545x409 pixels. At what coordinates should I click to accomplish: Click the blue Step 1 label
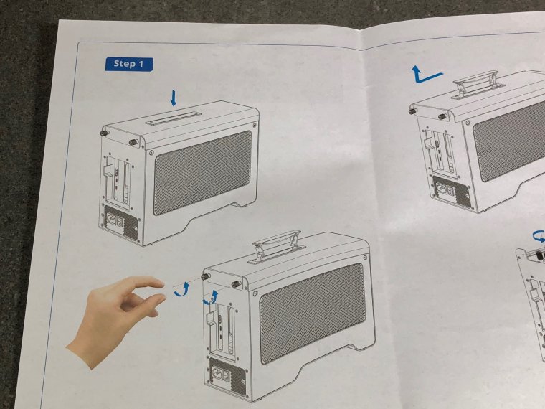129,64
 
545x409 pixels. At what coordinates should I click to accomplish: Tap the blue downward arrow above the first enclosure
174,98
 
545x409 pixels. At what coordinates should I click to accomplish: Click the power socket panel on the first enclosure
120,225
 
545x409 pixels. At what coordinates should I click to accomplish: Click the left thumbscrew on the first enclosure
104,133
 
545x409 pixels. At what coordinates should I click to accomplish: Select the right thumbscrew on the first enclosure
133,142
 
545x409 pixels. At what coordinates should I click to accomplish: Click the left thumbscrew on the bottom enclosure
205,276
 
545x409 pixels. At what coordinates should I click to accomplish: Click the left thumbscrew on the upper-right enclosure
413,111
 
